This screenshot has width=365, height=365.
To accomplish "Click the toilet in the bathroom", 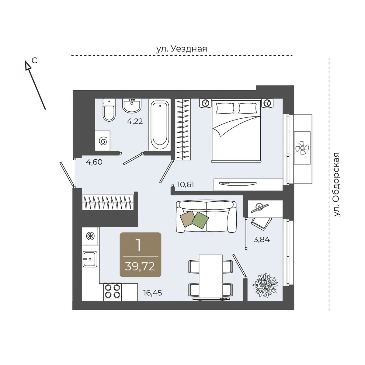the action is coord(109,110).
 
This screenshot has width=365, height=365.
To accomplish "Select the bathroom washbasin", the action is coord(132,106).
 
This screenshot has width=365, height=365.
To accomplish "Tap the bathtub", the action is coord(160,125).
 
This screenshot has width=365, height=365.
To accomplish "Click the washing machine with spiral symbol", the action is coord(103,141).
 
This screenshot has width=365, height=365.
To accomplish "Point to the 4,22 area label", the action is coord(135,121).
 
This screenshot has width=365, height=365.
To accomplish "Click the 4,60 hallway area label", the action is coord(94,162).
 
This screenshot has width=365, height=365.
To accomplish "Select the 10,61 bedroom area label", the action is coord(186,184).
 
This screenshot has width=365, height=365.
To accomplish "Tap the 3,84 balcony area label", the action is coord(262,240).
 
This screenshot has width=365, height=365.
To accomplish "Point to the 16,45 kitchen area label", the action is coord(153,293).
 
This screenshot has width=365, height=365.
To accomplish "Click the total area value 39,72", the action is coord(140,267).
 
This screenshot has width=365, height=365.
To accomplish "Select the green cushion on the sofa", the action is coord(200,220).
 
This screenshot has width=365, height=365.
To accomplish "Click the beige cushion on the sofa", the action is coord(188,219).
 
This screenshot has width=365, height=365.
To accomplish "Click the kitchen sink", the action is coord(90,259).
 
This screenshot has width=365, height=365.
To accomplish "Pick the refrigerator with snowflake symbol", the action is coord(90,236).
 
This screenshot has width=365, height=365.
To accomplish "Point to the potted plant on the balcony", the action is coord(265,284).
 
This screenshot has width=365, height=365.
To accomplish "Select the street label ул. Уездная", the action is coord(182,49).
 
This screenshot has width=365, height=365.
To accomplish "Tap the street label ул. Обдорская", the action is coord(337,185).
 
